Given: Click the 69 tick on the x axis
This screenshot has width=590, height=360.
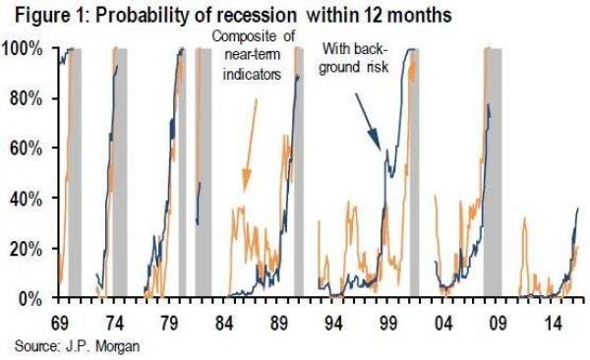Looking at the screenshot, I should click(x=59, y=322).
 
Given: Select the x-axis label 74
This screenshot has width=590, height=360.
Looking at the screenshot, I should click(x=114, y=322).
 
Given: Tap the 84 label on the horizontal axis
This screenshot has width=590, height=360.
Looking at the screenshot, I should click(x=224, y=322).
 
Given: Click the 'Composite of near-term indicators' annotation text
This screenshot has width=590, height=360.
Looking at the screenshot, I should click(x=252, y=55).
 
